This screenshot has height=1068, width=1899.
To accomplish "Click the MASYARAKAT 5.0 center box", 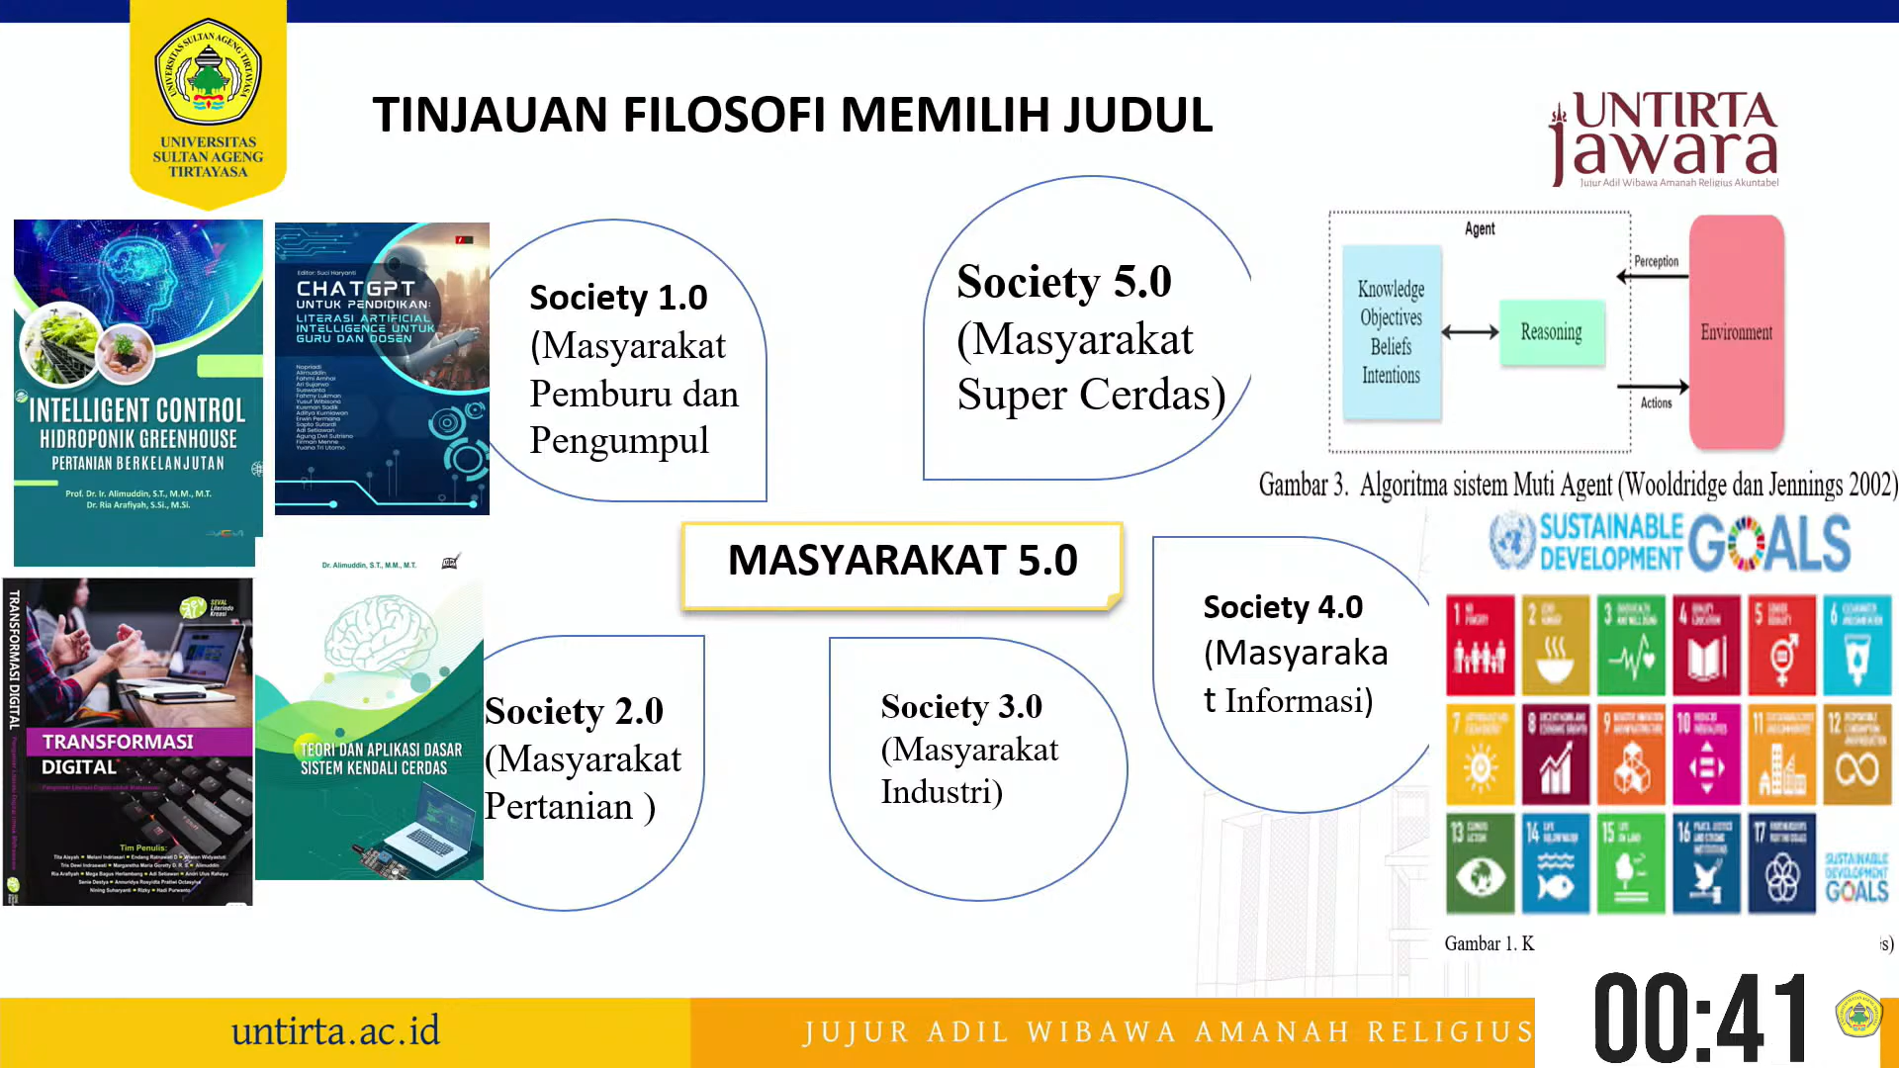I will (902, 562).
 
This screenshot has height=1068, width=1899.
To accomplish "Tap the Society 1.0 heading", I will (618, 298).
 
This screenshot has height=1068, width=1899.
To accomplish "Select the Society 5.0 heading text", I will (1063, 282).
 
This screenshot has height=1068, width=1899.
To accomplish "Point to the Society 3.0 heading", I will (961, 707).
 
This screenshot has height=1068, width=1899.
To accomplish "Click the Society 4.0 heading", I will (1283, 607).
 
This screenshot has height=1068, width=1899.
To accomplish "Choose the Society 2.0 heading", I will (574, 711).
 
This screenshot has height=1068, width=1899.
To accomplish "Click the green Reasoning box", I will (1551, 332).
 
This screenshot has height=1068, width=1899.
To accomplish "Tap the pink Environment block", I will (1736, 332).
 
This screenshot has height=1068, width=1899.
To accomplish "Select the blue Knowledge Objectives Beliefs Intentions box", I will (1391, 332).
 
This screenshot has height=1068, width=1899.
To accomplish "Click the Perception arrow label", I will (1656, 261).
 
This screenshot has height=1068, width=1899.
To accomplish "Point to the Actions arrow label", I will (1656, 402).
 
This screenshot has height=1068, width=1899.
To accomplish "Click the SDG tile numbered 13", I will (1480, 862).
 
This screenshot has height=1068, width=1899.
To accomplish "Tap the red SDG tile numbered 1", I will (1480, 645).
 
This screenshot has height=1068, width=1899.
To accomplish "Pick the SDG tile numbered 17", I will (1782, 862).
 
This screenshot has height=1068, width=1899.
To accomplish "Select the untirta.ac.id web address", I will (335, 1031).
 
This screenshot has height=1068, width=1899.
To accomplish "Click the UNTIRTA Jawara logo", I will (1665, 138).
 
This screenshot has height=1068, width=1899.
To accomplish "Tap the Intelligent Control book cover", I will (137, 393).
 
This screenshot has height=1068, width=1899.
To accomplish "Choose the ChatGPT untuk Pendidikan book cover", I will (382, 368).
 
